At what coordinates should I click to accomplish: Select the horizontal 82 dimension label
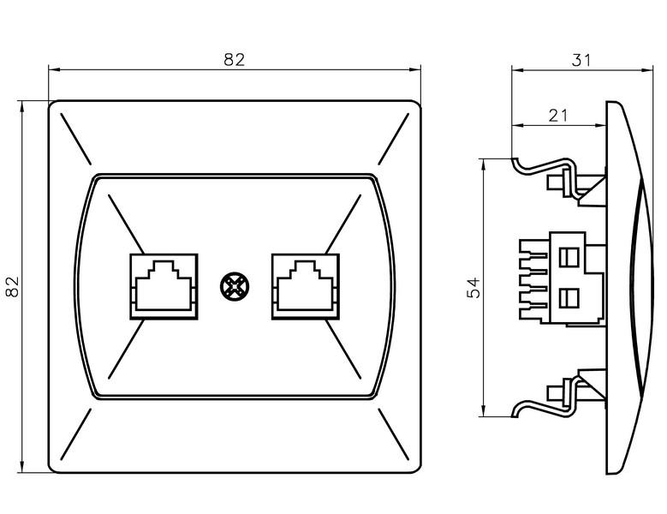point(234,59)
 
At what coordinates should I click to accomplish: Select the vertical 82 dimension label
point(13,286)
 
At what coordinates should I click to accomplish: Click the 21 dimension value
point(558,116)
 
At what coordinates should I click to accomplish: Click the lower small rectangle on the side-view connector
point(566,298)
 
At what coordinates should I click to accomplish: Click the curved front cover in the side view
point(629,286)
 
